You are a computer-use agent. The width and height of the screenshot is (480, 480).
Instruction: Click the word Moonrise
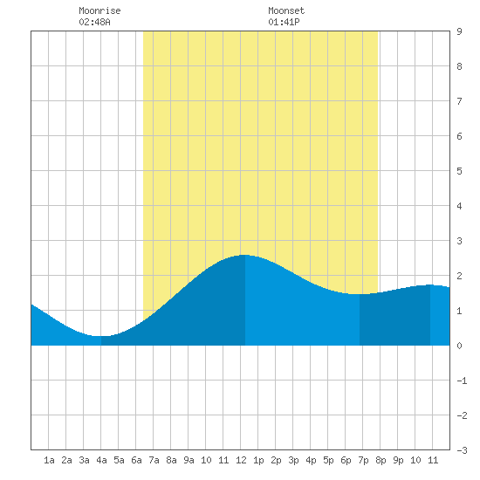click(x=99, y=10)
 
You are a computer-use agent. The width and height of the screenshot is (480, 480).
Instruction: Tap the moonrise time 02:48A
click(x=94, y=22)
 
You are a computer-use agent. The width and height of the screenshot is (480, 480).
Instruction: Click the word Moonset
click(x=286, y=10)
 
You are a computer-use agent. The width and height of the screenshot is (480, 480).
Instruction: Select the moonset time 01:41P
click(x=284, y=22)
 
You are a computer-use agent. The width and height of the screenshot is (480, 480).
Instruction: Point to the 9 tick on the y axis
click(x=459, y=31)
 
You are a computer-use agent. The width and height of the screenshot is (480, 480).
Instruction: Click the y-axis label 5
click(x=459, y=171)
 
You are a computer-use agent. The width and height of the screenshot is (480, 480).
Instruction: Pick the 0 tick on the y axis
click(x=459, y=346)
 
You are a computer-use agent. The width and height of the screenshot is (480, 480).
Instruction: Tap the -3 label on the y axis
click(x=462, y=450)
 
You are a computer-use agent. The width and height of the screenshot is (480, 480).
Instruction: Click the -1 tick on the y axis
click(x=462, y=381)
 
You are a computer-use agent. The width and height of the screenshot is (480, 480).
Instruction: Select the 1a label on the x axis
click(x=49, y=460)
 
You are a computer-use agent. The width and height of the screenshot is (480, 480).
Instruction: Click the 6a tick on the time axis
click(x=136, y=460)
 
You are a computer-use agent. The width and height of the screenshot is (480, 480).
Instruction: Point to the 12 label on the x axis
click(x=241, y=460)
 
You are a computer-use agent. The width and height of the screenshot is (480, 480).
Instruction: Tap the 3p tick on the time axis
click(x=293, y=460)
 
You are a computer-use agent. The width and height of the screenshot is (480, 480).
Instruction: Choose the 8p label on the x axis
click(x=381, y=460)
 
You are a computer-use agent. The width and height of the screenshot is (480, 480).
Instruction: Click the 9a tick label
click(x=189, y=460)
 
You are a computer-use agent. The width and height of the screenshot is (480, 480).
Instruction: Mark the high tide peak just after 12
click(x=245, y=255)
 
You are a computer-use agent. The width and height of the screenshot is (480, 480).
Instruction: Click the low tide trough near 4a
click(x=101, y=336)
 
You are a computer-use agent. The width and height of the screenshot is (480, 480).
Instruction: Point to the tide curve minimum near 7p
click(x=360, y=294)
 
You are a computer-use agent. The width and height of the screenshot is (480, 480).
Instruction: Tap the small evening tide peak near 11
click(x=430, y=285)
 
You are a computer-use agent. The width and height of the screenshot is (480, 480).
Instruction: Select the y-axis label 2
click(x=459, y=276)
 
